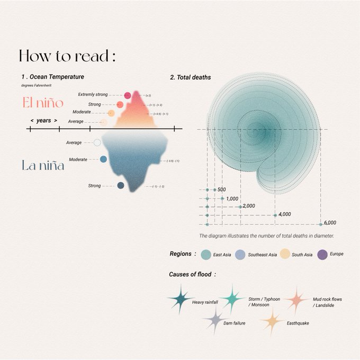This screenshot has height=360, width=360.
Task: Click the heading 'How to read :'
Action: click(67, 56)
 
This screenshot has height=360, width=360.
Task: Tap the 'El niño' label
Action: click(43, 103)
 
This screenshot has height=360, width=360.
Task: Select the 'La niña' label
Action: click(43, 165)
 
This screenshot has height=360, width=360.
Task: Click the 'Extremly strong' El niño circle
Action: click(128, 95)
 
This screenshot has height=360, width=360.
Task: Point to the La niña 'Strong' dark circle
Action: click(121, 186)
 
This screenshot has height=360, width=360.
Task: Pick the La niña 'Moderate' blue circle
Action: click(103, 159)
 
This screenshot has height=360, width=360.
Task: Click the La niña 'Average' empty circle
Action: click(97, 142)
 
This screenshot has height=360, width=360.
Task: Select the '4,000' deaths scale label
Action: click(284, 214)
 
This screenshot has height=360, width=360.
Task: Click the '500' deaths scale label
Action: click(221, 190)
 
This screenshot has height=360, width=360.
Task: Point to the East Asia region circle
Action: click(206, 255)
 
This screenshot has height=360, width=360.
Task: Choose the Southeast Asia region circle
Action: click(240, 255)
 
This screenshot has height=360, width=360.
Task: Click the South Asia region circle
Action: click(285, 255)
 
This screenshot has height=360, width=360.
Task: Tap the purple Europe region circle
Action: click(322, 255)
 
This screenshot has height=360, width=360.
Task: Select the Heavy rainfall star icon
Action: click(180, 300)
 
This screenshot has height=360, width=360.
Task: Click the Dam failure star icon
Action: click(215, 320)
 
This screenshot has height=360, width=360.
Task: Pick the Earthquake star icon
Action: click(272, 321)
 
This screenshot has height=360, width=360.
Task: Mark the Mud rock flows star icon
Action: click(296, 300)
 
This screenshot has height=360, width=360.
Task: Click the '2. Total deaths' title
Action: click(191, 77)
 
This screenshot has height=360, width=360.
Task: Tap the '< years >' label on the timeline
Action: click(44, 121)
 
